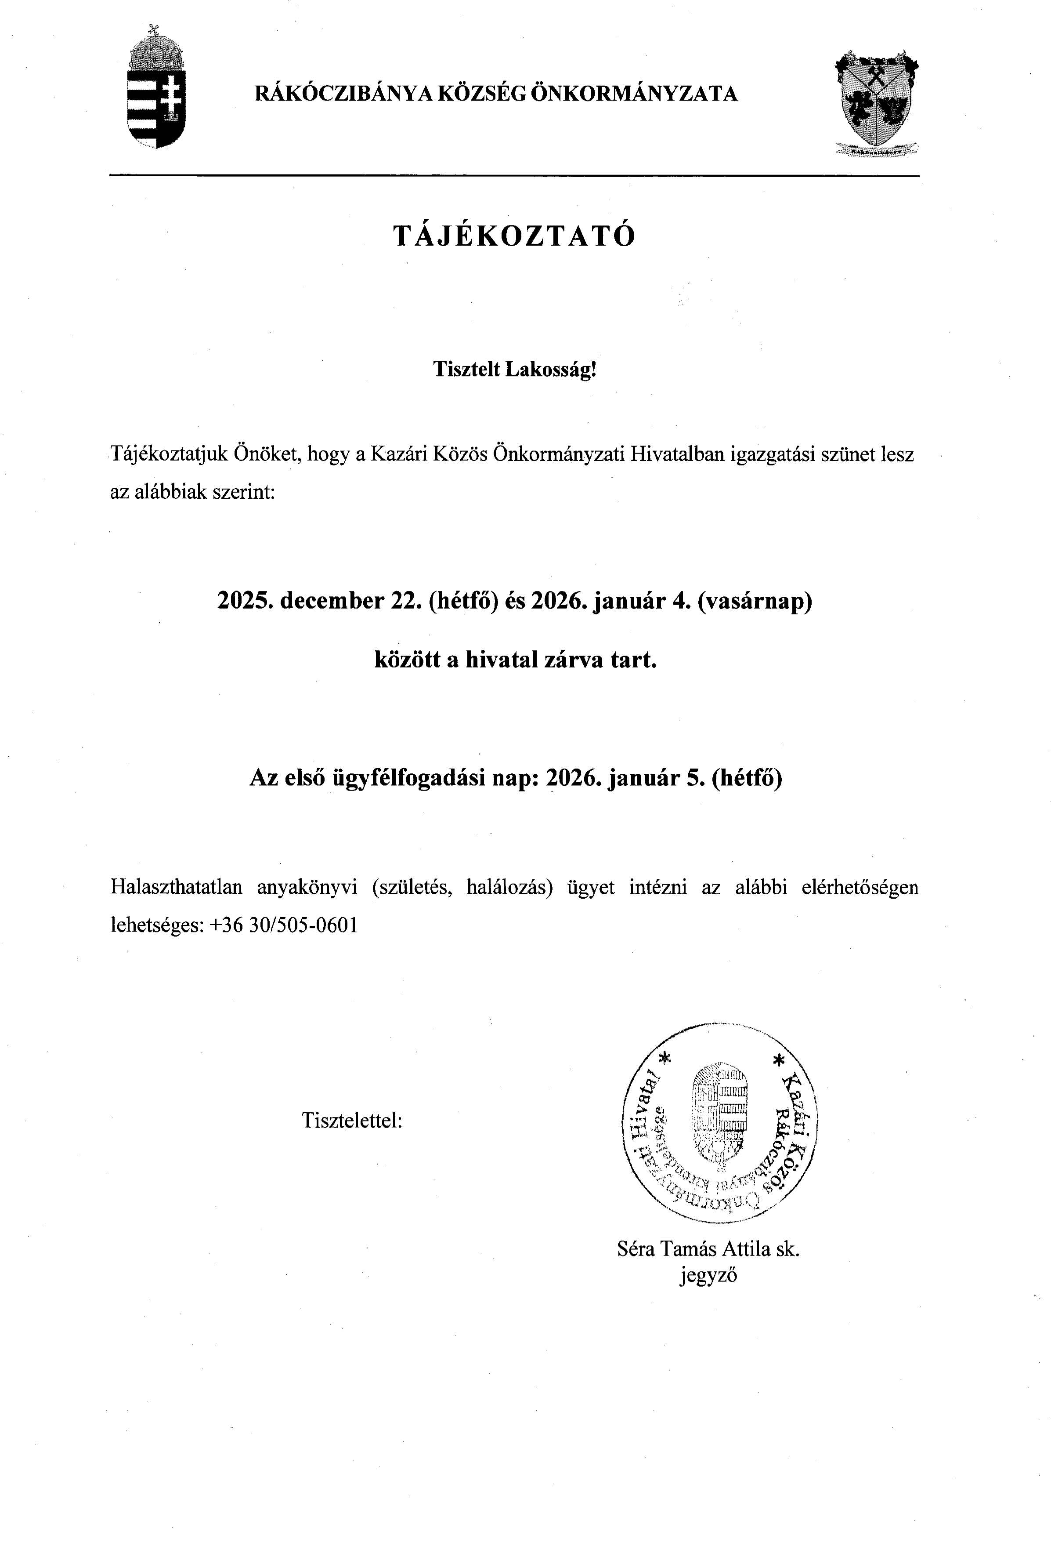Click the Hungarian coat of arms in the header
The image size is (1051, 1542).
156,87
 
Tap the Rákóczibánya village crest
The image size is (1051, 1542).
877,104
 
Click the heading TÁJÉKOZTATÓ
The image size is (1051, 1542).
515,236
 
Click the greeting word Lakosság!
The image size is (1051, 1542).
551,369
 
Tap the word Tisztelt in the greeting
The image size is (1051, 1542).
467,369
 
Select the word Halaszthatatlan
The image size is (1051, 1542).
177,887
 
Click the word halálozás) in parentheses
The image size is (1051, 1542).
509,887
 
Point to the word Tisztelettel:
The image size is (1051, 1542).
352,1121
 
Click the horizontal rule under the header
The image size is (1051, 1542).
515,176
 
